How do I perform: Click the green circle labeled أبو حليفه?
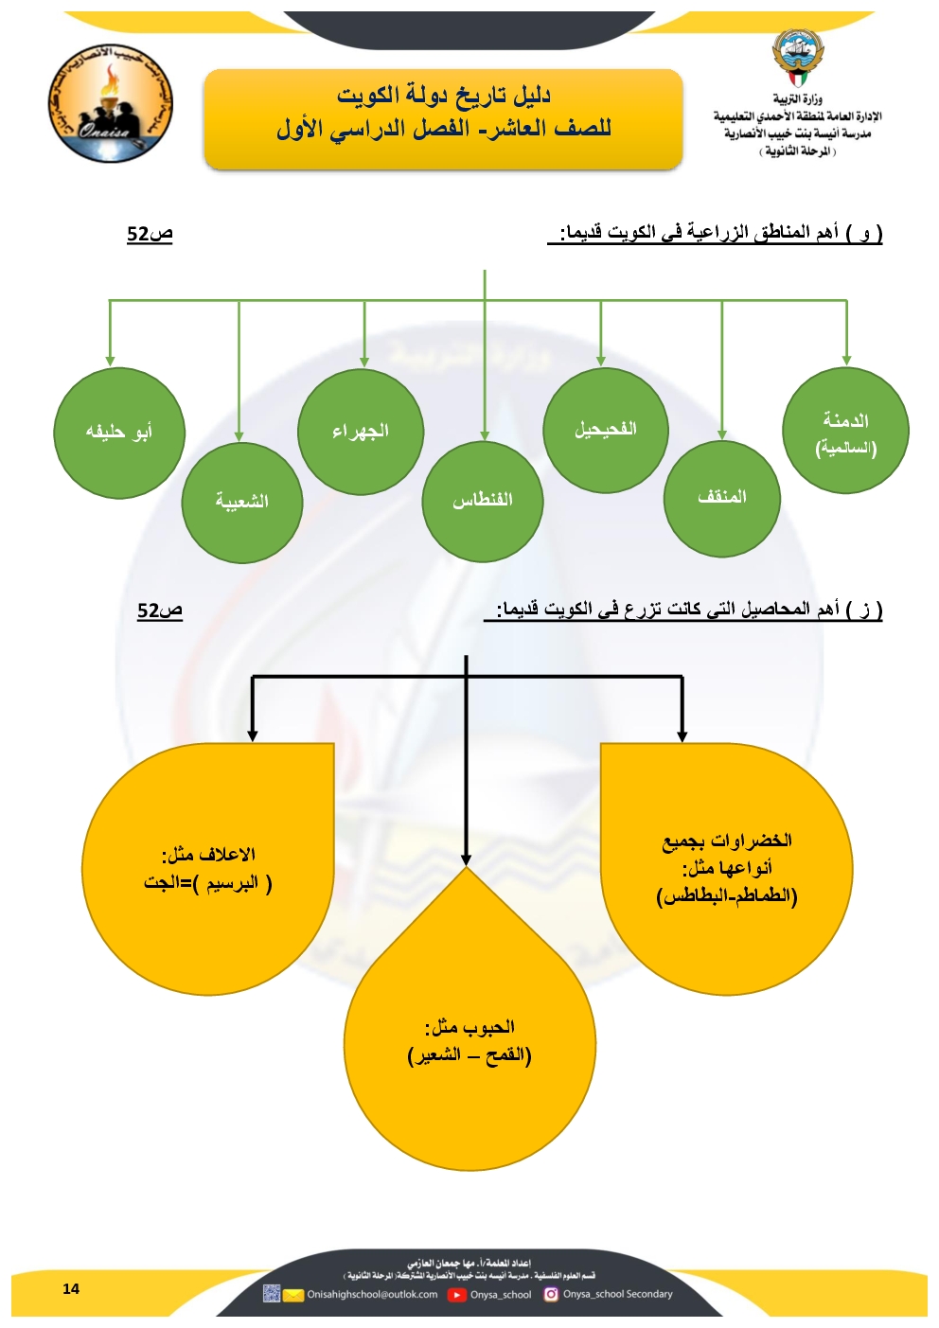click(118, 433)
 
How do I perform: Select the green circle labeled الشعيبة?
click(242, 503)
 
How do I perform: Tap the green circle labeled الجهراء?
click(361, 432)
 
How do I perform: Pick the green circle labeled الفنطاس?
click(483, 502)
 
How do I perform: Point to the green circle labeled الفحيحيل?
click(606, 430)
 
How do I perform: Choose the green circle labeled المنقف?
click(722, 498)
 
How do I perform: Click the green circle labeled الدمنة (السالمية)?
click(845, 432)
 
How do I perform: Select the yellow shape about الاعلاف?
click(209, 869)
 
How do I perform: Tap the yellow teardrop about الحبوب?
click(470, 1041)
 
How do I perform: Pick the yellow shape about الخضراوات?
click(726, 869)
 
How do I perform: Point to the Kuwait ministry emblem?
click(798, 57)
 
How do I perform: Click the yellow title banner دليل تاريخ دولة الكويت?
click(443, 119)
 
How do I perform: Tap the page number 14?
click(71, 1288)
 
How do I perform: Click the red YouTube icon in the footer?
click(457, 1295)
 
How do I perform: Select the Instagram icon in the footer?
click(551, 1294)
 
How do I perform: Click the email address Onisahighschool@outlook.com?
click(372, 1295)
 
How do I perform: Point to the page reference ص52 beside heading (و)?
click(150, 234)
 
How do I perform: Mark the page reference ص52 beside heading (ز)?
click(159, 611)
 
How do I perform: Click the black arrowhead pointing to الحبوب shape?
click(466, 859)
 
